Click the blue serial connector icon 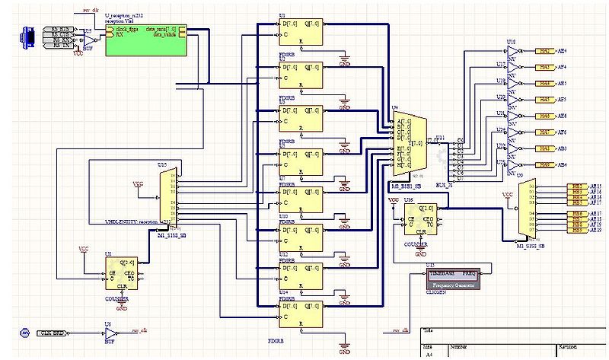pos(29,39)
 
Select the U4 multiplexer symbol pos(407,140)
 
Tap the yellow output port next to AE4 pos(544,50)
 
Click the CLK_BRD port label pos(51,333)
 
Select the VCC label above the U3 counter pos(84,250)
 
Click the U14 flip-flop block pos(301,315)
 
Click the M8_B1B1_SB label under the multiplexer pos(407,186)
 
